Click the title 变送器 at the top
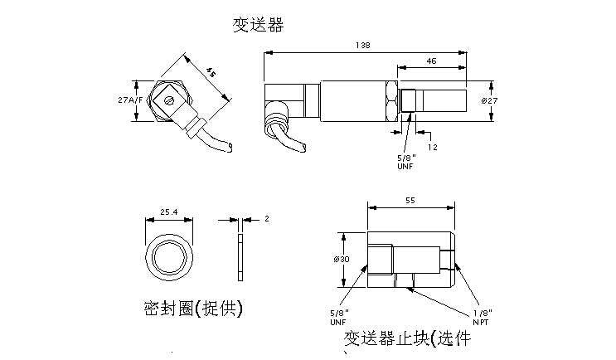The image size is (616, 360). click(x=258, y=26)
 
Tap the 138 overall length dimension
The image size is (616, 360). click(x=361, y=45)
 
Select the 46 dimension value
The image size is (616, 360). click(x=431, y=61)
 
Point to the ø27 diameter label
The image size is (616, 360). click(x=489, y=100)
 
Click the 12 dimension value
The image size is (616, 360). click(x=431, y=147)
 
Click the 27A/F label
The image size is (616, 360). click(x=130, y=100)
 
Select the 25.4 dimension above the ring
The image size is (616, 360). click(x=168, y=213)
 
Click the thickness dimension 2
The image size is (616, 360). click(x=266, y=219)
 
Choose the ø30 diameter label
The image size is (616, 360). click(x=342, y=259)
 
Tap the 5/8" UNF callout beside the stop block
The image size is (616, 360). click(x=339, y=317)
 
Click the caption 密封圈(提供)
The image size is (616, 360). click(x=192, y=309)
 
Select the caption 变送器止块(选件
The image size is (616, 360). click(x=407, y=339)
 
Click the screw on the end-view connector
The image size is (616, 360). click(x=169, y=102)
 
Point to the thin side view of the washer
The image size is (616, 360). click(x=240, y=258)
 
